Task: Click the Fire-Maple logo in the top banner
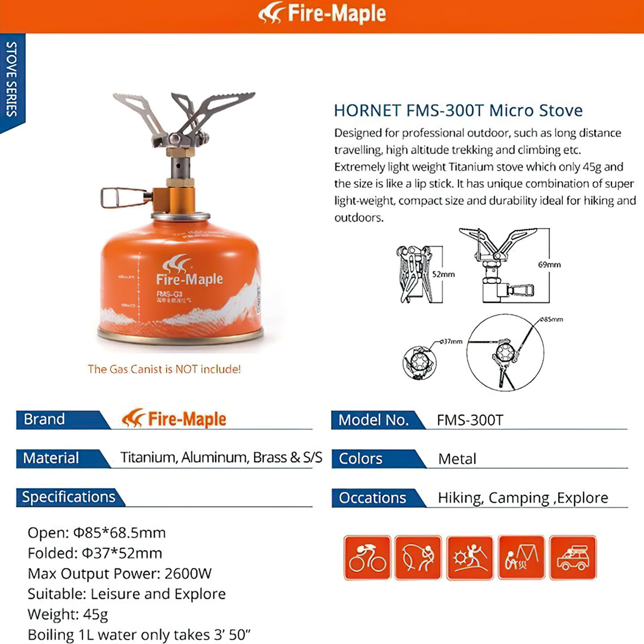coord(322,14)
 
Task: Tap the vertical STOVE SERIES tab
coord(12,79)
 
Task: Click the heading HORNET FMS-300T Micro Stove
coord(458,111)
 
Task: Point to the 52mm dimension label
coord(443,274)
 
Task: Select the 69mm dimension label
coord(548,265)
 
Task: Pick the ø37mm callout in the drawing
coord(451,341)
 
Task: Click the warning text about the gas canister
coord(164,369)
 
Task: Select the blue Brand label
coord(45,419)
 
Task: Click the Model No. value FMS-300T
coord(470,420)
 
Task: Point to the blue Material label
coord(51,458)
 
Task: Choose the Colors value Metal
coord(457,459)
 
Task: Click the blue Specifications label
coord(69,497)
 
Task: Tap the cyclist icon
coord(367,558)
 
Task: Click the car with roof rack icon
coord(573,558)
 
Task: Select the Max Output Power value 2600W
coord(188,574)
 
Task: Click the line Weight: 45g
coord(68,614)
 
